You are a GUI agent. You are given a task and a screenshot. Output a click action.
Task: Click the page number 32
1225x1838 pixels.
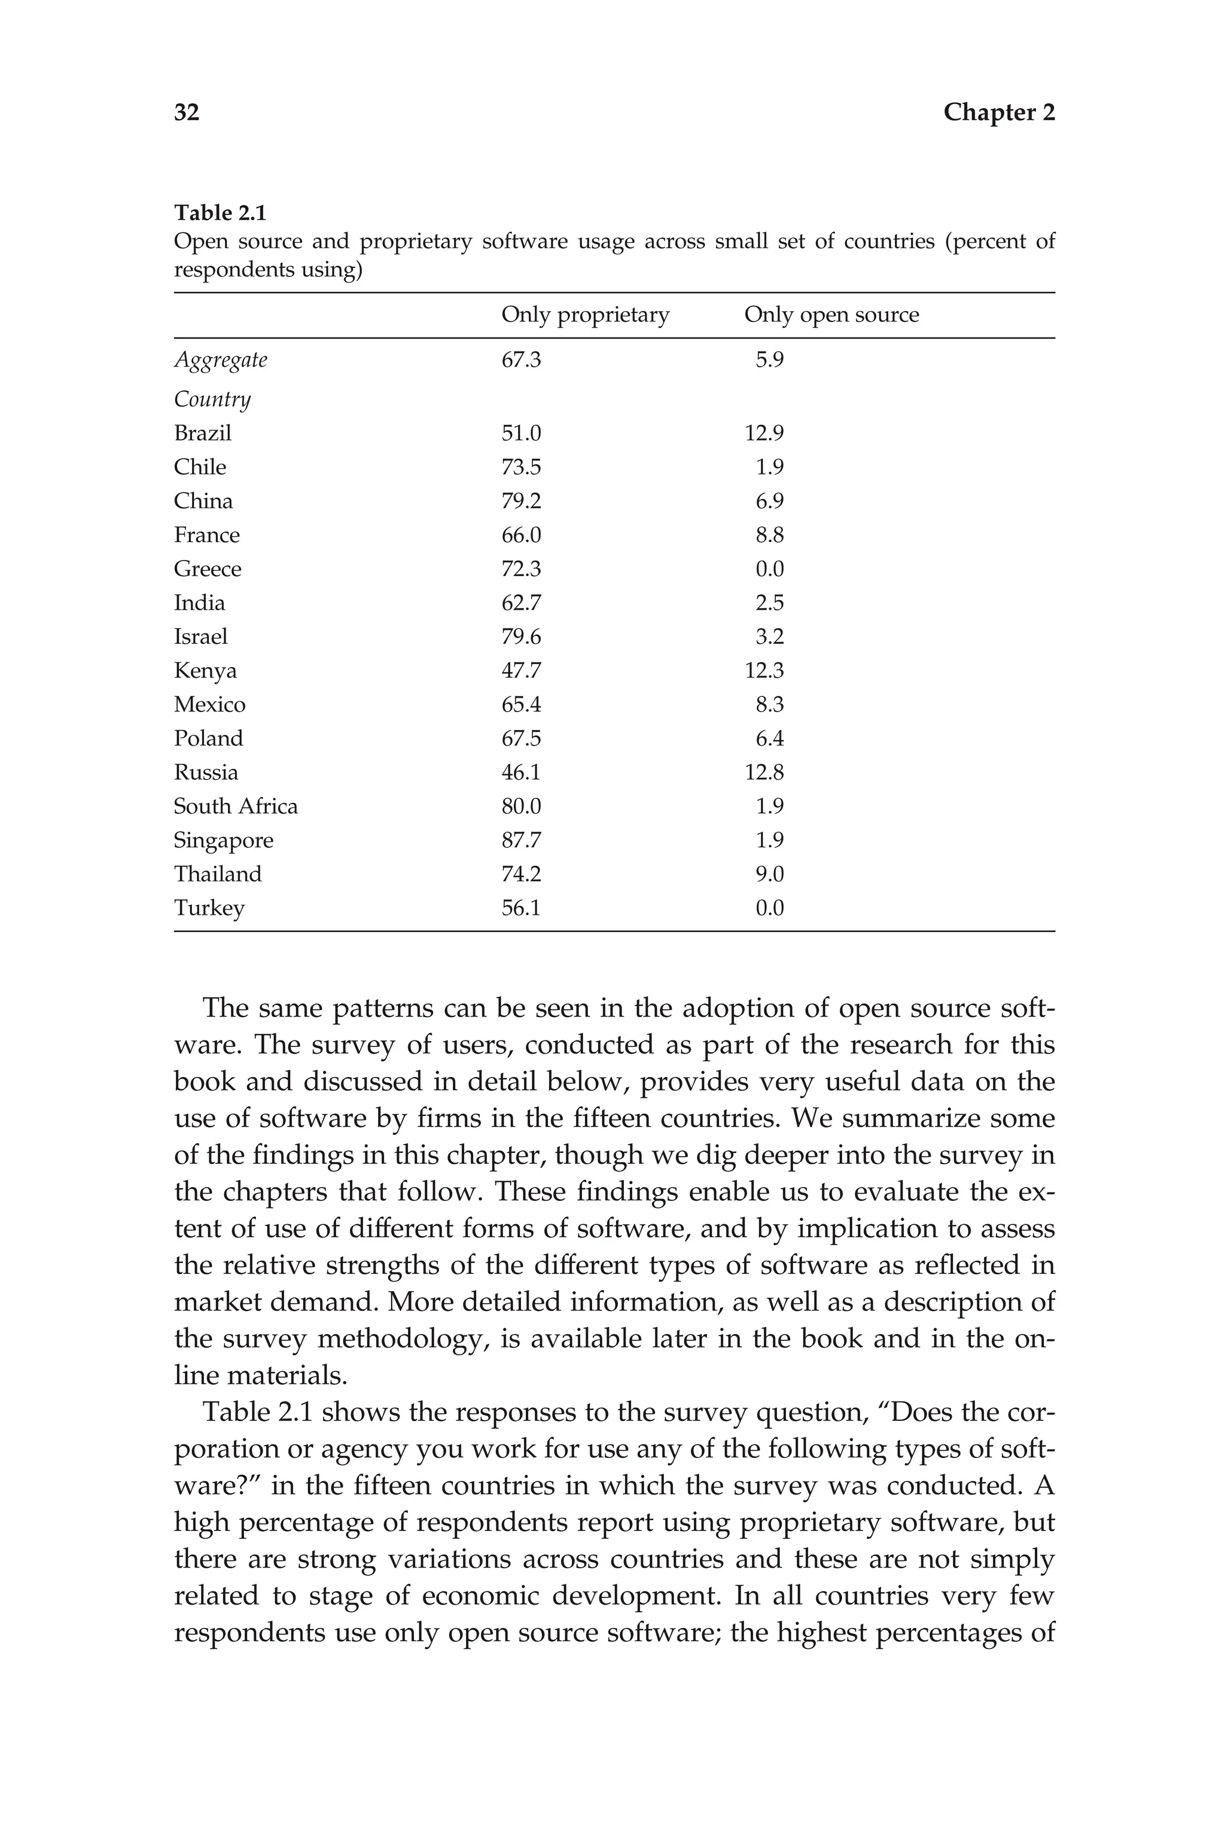(x=187, y=112)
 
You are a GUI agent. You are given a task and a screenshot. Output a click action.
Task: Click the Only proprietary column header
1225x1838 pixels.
(x=584, y=315)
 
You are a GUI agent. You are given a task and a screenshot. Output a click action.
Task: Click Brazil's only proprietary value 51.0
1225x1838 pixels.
(x=520, y=433)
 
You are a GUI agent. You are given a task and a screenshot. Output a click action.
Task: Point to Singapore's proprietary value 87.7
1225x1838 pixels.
(x=520, y=840)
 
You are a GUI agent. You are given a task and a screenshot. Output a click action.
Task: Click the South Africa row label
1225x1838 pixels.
(x=235, y=807)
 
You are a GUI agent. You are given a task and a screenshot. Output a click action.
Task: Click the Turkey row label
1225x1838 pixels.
(x=209, y=908)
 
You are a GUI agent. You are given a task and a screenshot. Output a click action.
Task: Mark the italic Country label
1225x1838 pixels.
(x=212, y=399)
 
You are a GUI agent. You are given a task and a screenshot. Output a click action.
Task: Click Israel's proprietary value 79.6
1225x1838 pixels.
(x=520, y=637)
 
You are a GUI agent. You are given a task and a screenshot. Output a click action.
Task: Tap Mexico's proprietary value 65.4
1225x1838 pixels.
(x=520, y=705)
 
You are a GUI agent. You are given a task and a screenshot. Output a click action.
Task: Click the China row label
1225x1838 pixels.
(x=203, y=501)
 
